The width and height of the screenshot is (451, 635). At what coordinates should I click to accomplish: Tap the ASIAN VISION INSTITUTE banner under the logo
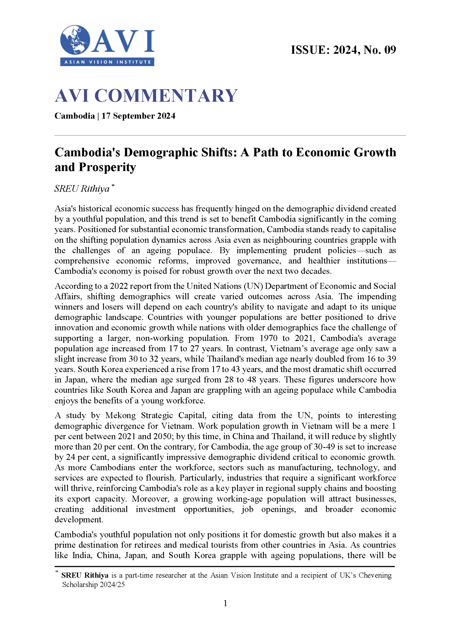tap(107, 62)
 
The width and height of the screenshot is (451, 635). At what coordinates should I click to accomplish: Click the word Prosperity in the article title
tap(107, 167)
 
